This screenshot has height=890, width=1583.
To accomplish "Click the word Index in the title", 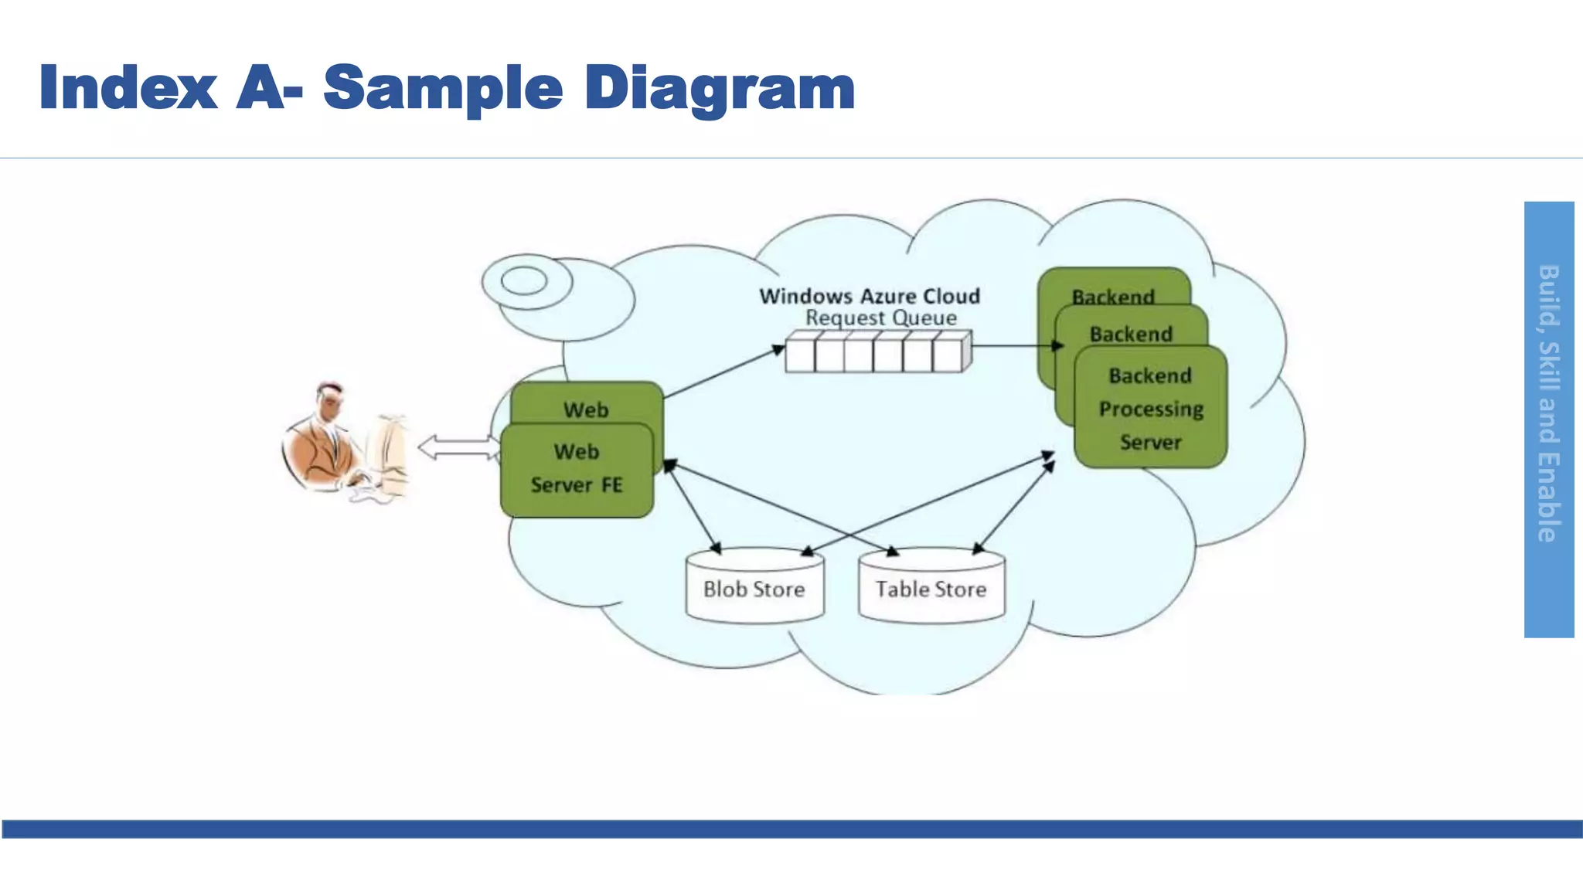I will pos(128,88).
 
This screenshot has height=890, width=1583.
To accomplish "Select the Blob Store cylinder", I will pos(754,589).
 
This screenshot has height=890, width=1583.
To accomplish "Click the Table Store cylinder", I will pos(931,589).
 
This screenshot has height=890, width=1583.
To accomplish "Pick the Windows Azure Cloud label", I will pos(870,296).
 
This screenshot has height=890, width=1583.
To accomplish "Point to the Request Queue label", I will pos(880,318).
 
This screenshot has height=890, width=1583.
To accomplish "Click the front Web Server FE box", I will pos(577,469).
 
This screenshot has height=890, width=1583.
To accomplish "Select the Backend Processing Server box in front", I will pos(1150,408).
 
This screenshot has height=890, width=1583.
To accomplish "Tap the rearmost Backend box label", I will pos(1113,296).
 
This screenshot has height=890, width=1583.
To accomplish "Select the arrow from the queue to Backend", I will pos(1016,345).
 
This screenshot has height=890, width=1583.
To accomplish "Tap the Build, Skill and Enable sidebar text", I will pos(1548,403).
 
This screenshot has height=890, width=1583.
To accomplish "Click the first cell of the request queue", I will pos(799,355).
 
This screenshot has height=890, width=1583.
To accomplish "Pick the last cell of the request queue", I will pos(947,355).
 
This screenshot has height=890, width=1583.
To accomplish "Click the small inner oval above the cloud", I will pos(524,280).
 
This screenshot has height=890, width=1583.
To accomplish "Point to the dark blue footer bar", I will pos(791,829).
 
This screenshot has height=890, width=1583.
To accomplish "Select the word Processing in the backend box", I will pos(1151,409).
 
